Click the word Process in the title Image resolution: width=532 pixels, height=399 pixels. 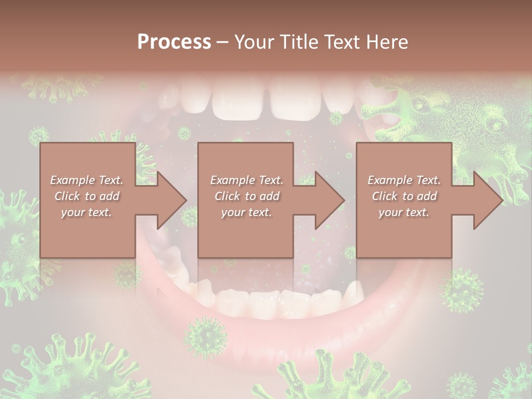pos(174,42)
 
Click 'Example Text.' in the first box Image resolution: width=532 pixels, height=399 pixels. pos(86,180)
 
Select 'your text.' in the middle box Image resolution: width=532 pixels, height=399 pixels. pos(246,212)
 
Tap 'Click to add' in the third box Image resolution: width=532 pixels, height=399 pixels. pos(404,196)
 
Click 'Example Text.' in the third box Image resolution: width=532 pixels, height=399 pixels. pos(404,180)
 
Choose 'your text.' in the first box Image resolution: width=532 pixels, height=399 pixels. pos(86,212)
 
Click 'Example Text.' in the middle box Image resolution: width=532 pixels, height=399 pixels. pos(246,180)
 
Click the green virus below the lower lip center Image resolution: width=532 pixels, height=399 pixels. pos(206,336)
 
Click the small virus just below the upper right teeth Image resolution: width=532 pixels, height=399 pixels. pos(336,118)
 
